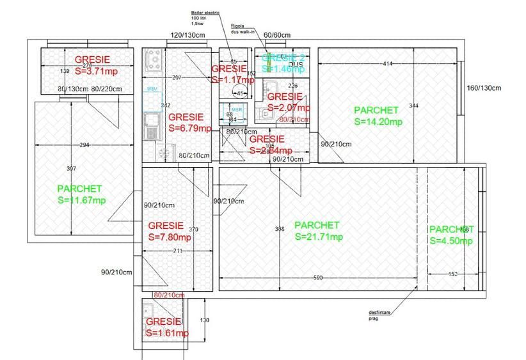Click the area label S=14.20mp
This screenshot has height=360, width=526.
click(378, 121)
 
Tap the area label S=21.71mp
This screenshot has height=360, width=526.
click(319, 237)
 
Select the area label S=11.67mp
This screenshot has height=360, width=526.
click(81, 200)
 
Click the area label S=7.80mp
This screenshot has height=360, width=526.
click(170, 237)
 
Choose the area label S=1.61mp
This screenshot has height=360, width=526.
click(167, 333)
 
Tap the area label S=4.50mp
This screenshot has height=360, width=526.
click(451, 240)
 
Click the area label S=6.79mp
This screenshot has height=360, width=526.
click(189, 128)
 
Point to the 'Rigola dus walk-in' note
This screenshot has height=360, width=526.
click(243, 29)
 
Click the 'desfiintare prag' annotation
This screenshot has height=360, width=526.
click(377, 315)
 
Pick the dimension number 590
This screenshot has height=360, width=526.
click(318, 278)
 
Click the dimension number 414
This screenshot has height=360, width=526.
click(387, 64)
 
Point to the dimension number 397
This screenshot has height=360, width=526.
click(71, 168)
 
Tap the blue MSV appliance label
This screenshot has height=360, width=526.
click(152, 88)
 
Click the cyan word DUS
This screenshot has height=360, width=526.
click(296, 65)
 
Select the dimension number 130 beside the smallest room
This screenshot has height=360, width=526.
click(205, 320)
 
